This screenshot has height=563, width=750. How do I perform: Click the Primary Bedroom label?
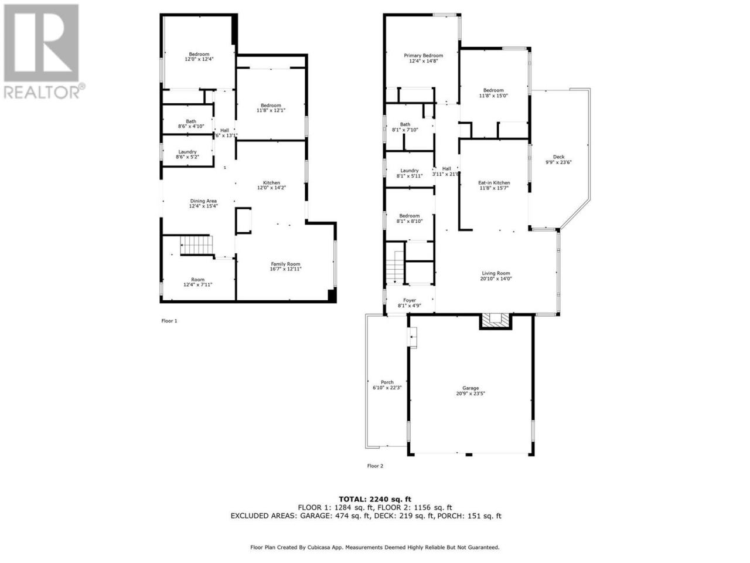click(x=423, y=56)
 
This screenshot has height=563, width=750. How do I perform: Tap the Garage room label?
click(x=470, y=388)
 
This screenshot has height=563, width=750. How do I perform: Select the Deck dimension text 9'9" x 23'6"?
click(x=558, y=162)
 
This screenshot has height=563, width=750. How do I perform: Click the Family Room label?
click(x=285, y=264)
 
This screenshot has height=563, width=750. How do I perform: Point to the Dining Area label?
click(x=203, y=201)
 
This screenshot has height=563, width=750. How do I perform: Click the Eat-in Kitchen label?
click(x=494, y=183)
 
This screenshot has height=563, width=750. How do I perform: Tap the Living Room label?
click(x=496, y=273)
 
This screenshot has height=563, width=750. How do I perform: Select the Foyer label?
click(x=410, y=300)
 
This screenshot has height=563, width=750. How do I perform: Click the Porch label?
click(x=387, y=382)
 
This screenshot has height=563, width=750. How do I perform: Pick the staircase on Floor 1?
click(x=196, y=245)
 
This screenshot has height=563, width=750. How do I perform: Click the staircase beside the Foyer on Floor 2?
click(x=395, y=267)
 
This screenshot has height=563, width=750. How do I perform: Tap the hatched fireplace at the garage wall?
click(x=495, y=321)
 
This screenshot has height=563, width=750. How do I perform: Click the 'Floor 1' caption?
click(x=169, y=321)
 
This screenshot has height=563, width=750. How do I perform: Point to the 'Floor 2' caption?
click(x=375, y=466)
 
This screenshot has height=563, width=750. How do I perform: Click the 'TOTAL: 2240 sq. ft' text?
click(x=375, y=500)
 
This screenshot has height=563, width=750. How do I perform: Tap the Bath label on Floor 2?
click(x=405, y=124)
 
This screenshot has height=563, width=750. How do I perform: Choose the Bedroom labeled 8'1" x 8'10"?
click(x=410, y=218)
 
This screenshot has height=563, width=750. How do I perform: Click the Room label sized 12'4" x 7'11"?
click(x=197, y=282)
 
